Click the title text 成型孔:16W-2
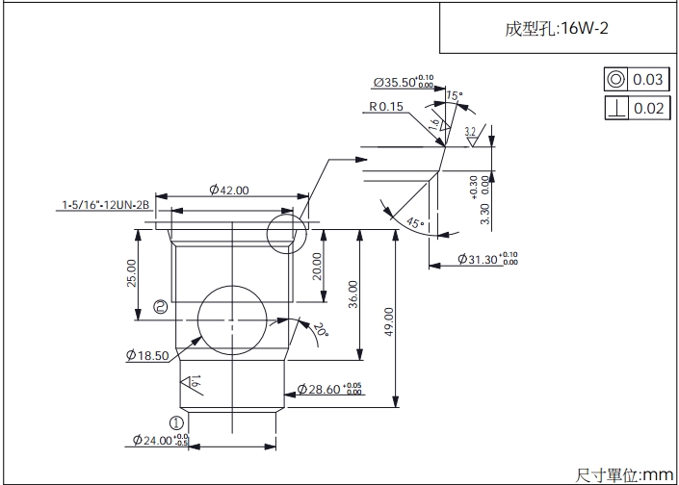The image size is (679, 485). [x=556, y=29]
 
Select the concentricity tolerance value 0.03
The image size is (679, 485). [x=648, y=80]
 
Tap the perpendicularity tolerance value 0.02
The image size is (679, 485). [x=648, y=108]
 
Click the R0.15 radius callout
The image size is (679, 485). [x=385, y=107]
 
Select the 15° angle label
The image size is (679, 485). [x=455, y=95]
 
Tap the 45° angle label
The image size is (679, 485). [x=415, y=223]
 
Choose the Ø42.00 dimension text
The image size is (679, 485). [x=229, y=191]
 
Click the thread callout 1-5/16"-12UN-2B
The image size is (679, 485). [x=106, y=205]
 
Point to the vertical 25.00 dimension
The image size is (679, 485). [x=131, y=272]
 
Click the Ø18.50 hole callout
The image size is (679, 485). [x=147, y=356]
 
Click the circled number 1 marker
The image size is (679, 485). [x=176, y=421]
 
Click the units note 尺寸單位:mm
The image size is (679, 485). [x=625, y=474]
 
